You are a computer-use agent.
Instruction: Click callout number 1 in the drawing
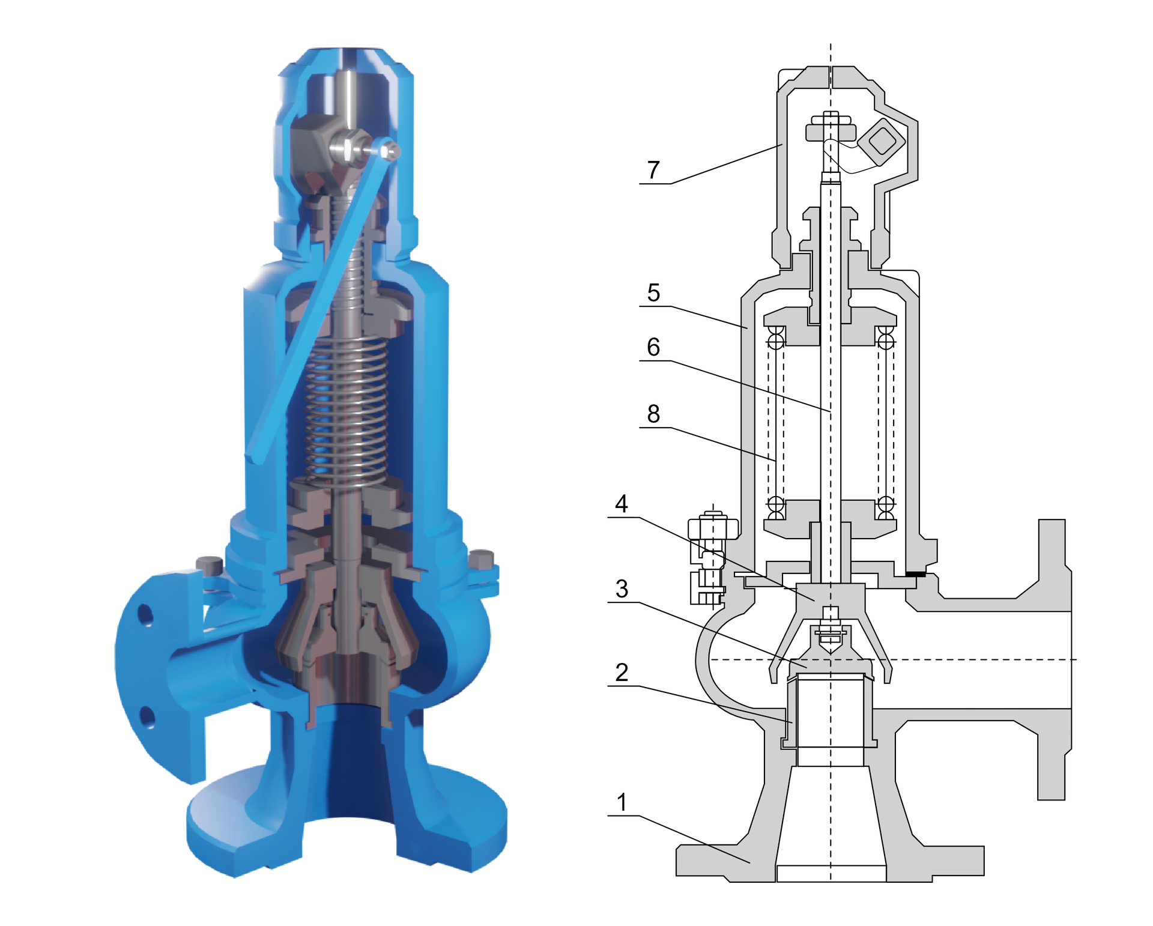pyautogui.click(x=622, y=802)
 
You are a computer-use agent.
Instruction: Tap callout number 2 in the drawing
pyautogui.click(x=622, y=672)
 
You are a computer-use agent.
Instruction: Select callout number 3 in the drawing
pyautogui.click(x=622, y=589)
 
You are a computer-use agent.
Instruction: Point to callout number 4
pyautogui.click(x=622, y=503)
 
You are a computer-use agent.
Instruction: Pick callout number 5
pyautogui.click(x=653, y=292)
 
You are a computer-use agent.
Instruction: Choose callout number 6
pyautogui.click(x=653, y=346)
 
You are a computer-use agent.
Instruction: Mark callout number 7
pyautogui.click(x=653, y=170)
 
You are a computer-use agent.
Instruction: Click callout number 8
pyautogui.click(x=653, y=413)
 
